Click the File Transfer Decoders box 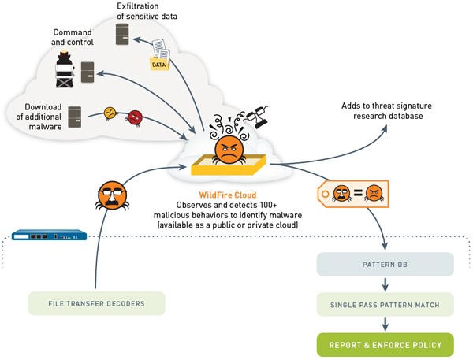[x=96, y=303]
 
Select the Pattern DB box [x=385, y=265]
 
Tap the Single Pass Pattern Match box [x=385, y=305]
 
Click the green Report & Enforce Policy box [x=385, y=345]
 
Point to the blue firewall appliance [x=49, y=235]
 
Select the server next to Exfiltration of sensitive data [x=122, y=35]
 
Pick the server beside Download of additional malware [x=75, y=117]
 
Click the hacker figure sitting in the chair [x=65, y=69]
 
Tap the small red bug [x=135, y=117]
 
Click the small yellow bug [x=110, y=113]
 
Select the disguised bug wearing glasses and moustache [x=112, y=195]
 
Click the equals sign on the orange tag [x=358, y=193]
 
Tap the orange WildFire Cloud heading [x=228, y=195]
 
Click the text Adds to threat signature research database [x=387, y=110]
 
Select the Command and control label [x=73, y=37]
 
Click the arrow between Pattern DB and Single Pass [x=385, y=284]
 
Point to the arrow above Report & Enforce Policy [x=385, y=325]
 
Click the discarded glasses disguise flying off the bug [x=257, y=117]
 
